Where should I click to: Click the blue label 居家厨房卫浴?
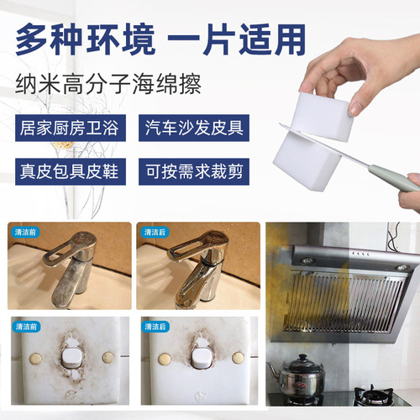[x=70, y=129]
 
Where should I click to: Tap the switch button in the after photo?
[x=200, y=359]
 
